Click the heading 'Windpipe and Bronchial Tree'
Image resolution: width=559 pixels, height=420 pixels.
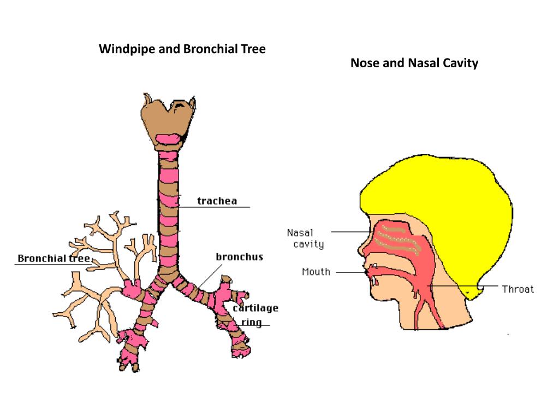(182, 49)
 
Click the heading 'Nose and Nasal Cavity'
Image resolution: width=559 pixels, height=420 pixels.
(414, 63)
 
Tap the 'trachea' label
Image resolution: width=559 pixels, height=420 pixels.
(217, 201)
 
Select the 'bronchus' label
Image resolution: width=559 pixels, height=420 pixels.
(239, 256)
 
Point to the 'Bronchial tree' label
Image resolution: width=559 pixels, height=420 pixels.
(53, 258)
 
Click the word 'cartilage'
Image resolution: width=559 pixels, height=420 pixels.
(255, 308)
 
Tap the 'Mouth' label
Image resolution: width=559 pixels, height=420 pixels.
(316, 271)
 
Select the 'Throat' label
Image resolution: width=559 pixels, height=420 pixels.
(518, 289)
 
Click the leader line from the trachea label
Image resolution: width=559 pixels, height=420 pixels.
(218, 207)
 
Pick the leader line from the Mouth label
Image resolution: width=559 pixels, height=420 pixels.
(349, 271)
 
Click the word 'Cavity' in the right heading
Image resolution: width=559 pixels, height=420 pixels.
(460, 63)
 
